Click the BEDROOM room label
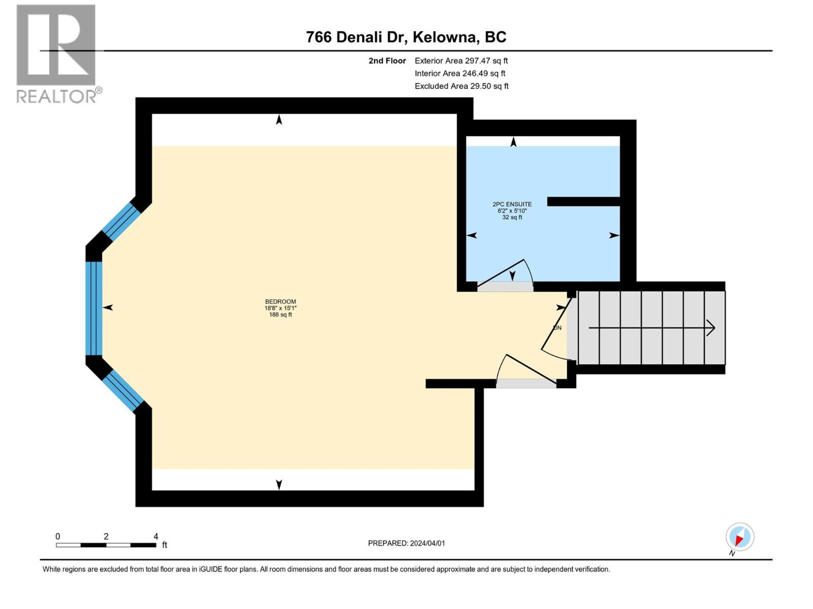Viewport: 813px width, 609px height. [280, 301]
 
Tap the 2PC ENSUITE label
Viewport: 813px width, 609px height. [512, 204]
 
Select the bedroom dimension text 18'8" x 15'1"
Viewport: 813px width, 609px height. [280, 308]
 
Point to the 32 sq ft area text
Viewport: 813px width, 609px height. [512, 217]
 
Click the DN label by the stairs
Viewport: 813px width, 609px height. [557, 328]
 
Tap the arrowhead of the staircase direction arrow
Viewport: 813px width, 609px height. [711, 328]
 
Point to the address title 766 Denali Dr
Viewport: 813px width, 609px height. [355, 37]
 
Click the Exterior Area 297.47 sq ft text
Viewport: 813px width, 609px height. [461, 60]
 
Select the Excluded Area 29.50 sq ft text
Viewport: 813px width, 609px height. [461, 86]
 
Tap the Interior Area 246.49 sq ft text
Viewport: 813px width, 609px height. [460, 73]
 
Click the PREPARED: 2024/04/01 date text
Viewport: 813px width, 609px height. [407, 543]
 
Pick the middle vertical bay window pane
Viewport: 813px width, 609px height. [93, 309]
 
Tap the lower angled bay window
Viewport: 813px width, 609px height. [123, 391]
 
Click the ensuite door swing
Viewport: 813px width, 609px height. [505, 273]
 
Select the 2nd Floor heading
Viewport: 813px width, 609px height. [387, 60]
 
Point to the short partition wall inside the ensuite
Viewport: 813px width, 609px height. [583, 201]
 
